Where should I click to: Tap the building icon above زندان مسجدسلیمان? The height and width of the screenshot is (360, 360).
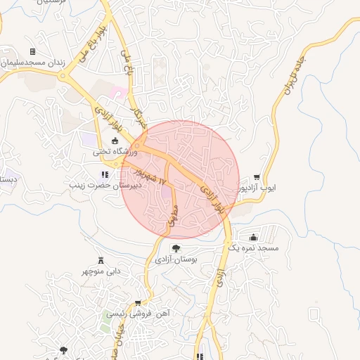tap(32, 52)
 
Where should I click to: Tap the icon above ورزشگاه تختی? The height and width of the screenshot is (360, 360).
tap(115, 141)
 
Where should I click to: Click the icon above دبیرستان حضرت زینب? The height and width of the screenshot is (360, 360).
tap(105, 175)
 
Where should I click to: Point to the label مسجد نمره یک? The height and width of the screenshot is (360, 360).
tap(255, 248)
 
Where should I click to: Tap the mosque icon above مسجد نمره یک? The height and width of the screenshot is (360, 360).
tap(253, 238)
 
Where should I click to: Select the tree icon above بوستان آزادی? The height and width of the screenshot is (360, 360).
tap(176, 248)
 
